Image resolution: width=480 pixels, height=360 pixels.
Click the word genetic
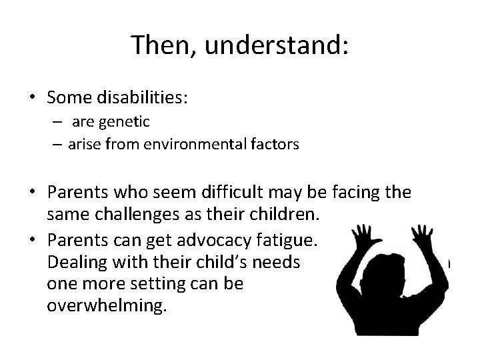pyautogui.click(x=126, y=123)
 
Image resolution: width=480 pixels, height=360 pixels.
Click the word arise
pyautogui.click(x=83, y=144)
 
